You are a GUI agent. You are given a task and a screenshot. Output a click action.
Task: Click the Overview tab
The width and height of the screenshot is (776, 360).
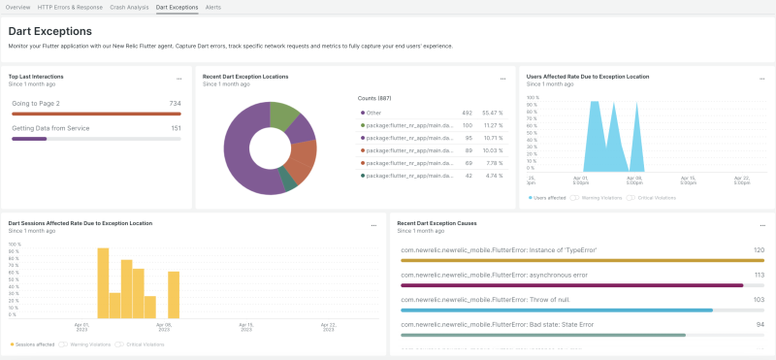click(17, 7)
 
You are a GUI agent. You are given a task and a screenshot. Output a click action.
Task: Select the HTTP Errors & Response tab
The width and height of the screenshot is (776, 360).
click(70, 7)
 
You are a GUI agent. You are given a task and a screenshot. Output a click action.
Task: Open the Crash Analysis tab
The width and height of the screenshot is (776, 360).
click(129, 7)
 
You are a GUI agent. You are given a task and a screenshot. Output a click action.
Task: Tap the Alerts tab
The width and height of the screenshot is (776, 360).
click(213, 7)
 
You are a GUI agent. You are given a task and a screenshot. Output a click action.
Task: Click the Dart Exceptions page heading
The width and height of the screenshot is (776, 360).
click(49, 31)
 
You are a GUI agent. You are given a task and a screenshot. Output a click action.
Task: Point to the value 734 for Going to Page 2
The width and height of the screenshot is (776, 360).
click(175, 103)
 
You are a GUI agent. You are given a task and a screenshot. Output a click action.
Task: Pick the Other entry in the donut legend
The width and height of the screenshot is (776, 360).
click(373, 113)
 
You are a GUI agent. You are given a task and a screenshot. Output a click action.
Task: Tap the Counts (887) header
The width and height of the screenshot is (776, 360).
click(374, 97)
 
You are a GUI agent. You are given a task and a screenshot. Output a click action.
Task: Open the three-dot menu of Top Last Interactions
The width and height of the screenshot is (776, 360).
click(178, 79)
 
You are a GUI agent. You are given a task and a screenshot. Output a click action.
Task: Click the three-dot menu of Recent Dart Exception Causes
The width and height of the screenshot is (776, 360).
click(760, 225)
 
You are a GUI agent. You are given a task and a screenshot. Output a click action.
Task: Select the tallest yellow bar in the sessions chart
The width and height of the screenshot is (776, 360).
click(103, 282)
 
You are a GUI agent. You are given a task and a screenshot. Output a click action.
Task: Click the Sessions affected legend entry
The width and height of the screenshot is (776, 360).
click(35, 344)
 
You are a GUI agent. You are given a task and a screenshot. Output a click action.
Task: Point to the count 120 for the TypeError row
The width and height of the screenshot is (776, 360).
click(760, 249)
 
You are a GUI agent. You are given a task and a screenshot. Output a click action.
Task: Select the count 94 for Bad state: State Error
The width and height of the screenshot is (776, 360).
click(760, 324)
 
